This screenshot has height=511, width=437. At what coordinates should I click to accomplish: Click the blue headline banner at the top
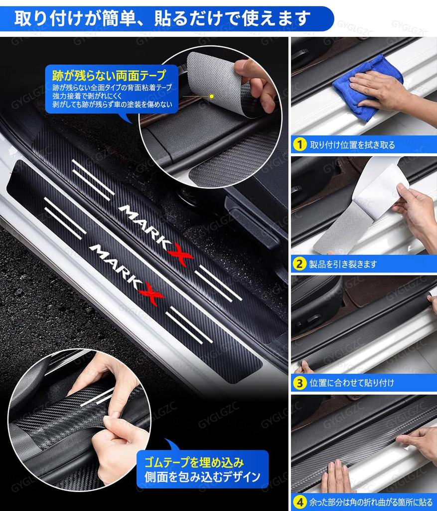coord(164,18)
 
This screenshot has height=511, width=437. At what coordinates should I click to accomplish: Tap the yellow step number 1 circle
coord(299,145)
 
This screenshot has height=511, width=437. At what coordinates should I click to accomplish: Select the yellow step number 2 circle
coord(299,264)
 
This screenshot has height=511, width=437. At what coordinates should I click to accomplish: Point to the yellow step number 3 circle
coord(299,383)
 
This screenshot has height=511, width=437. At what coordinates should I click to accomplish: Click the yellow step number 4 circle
coord(299,501)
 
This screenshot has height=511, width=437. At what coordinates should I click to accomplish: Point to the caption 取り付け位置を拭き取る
coord(352,145)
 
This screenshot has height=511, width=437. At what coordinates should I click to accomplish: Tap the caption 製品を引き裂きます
coord(343,264)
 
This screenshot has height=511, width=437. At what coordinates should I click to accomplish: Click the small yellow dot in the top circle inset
coord(211,95)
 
